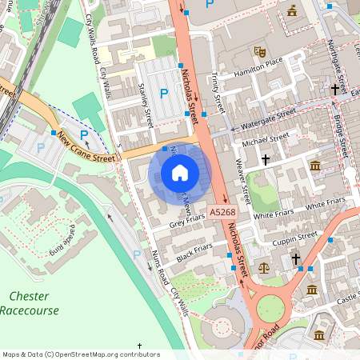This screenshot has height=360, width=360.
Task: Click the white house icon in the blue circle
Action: (x=180, y=173)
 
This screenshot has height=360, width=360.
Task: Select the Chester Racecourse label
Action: (x=30, y=303)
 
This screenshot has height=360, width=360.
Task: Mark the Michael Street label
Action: (x=265, y=140)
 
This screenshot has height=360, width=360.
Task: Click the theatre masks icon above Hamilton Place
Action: (x=258, y=51)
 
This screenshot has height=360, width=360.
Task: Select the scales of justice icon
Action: (x=263, y=268)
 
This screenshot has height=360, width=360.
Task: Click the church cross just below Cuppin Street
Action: (x=295, y=259)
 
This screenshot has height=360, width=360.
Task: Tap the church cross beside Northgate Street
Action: (x=334, y=90)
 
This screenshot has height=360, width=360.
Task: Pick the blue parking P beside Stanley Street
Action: (x=164, y=94)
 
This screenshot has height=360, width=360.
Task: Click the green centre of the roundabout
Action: (x=270, y=309)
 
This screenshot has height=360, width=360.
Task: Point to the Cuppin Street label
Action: (x=295, y=238)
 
